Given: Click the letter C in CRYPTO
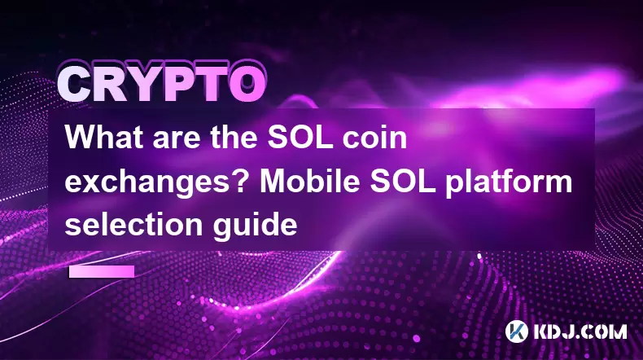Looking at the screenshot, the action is pos(75,86).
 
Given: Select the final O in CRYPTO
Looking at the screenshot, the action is pos(247,86).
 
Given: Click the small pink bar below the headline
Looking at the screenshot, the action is pos(102,271).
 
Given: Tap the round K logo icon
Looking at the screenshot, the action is pos(517,331).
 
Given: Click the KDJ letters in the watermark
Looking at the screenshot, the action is pos(553,331).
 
